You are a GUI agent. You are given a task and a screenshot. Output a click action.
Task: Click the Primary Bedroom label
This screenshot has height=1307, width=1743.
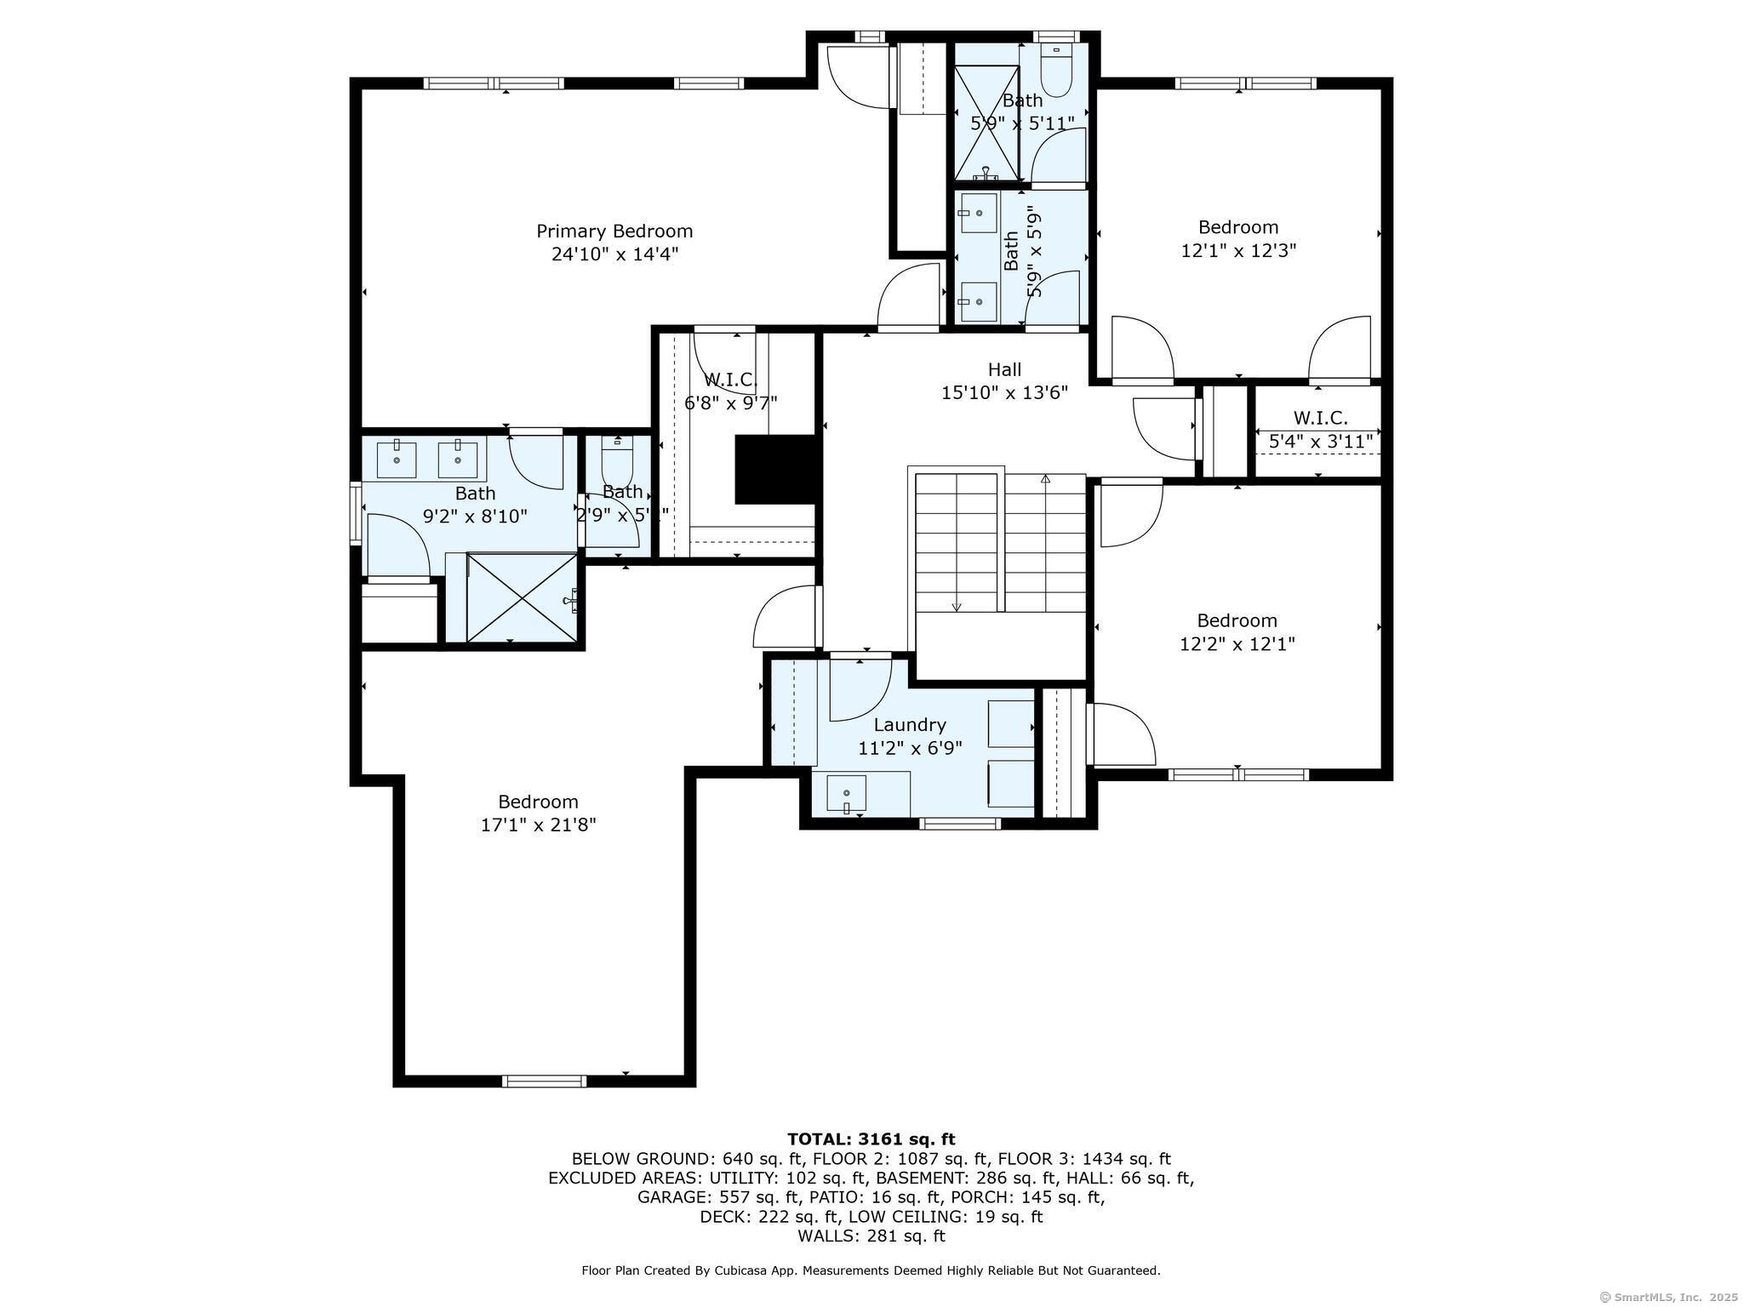point(614,231)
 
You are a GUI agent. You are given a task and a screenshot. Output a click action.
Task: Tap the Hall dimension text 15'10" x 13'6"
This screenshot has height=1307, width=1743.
point(1004,393)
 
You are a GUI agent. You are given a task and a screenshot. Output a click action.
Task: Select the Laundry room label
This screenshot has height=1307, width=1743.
point(910,725)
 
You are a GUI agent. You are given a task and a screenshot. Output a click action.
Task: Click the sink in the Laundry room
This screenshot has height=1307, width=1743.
point(847,794)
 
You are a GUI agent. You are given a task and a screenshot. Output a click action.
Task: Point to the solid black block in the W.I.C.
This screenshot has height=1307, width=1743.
point(775,469)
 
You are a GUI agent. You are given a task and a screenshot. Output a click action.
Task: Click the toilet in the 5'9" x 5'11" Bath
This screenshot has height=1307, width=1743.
point(1056,72)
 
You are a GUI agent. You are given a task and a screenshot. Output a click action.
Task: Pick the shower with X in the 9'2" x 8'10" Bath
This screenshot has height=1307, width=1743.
point(522,597)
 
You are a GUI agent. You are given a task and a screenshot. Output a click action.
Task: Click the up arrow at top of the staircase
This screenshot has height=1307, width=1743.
point(1045,480)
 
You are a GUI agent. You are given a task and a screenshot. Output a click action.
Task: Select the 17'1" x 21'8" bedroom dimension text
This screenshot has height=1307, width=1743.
point(538,825)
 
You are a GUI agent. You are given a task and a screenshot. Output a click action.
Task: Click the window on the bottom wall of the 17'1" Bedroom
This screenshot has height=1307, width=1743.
point(544,1081)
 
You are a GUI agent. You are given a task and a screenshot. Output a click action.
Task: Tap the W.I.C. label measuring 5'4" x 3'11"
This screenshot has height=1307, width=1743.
point(1320,418)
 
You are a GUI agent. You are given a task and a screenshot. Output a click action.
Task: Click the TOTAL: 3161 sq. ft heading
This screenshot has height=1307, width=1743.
point(871,1139)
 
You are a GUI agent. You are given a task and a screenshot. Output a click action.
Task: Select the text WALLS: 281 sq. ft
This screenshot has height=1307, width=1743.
point(871,1236)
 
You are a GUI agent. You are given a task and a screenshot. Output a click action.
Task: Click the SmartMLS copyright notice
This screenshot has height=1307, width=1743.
point(1668,1297)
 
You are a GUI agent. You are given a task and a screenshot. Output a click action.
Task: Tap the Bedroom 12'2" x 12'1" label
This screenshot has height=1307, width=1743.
point(1237,620)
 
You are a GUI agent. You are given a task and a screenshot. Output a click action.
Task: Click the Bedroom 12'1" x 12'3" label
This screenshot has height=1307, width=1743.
point(1238,227)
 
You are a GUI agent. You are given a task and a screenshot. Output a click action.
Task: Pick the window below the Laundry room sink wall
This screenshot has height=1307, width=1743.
point(961,823)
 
